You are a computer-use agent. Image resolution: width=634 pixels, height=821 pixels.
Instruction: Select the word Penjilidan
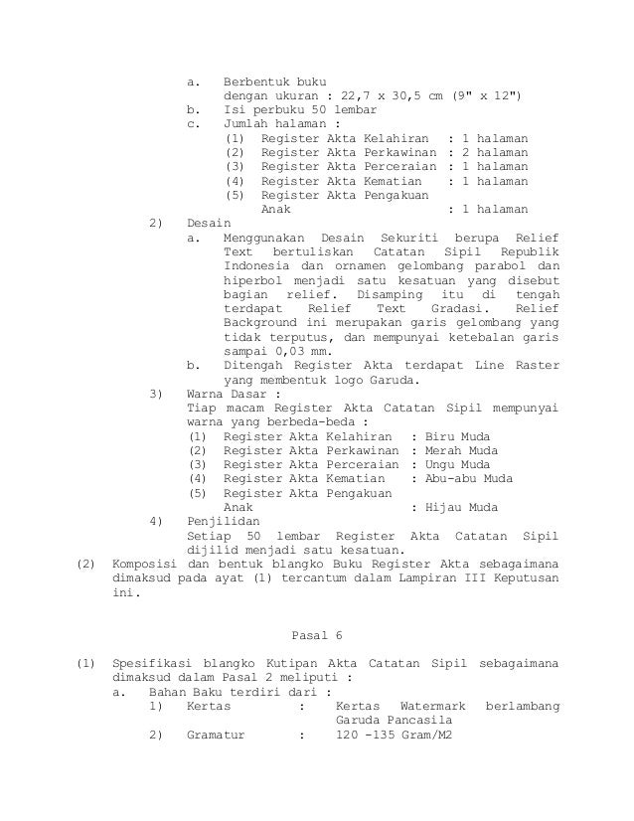pyautogui.click(x=224, y=520)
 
